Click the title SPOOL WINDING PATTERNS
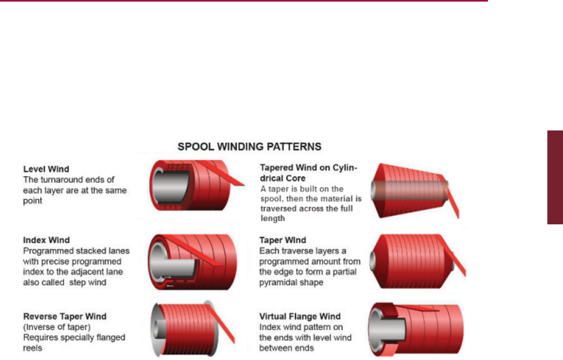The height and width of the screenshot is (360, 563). (249, 146)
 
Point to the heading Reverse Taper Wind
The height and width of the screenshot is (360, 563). (65, 316)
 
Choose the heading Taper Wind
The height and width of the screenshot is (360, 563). (283, 241)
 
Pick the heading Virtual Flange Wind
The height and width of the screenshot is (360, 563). (300, 316)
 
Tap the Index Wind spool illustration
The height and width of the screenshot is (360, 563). (190, 261)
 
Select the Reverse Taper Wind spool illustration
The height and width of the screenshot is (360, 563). (188, 329)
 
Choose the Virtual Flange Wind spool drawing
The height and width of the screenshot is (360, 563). (412, 329)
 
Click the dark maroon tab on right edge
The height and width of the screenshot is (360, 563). (555, 177)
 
